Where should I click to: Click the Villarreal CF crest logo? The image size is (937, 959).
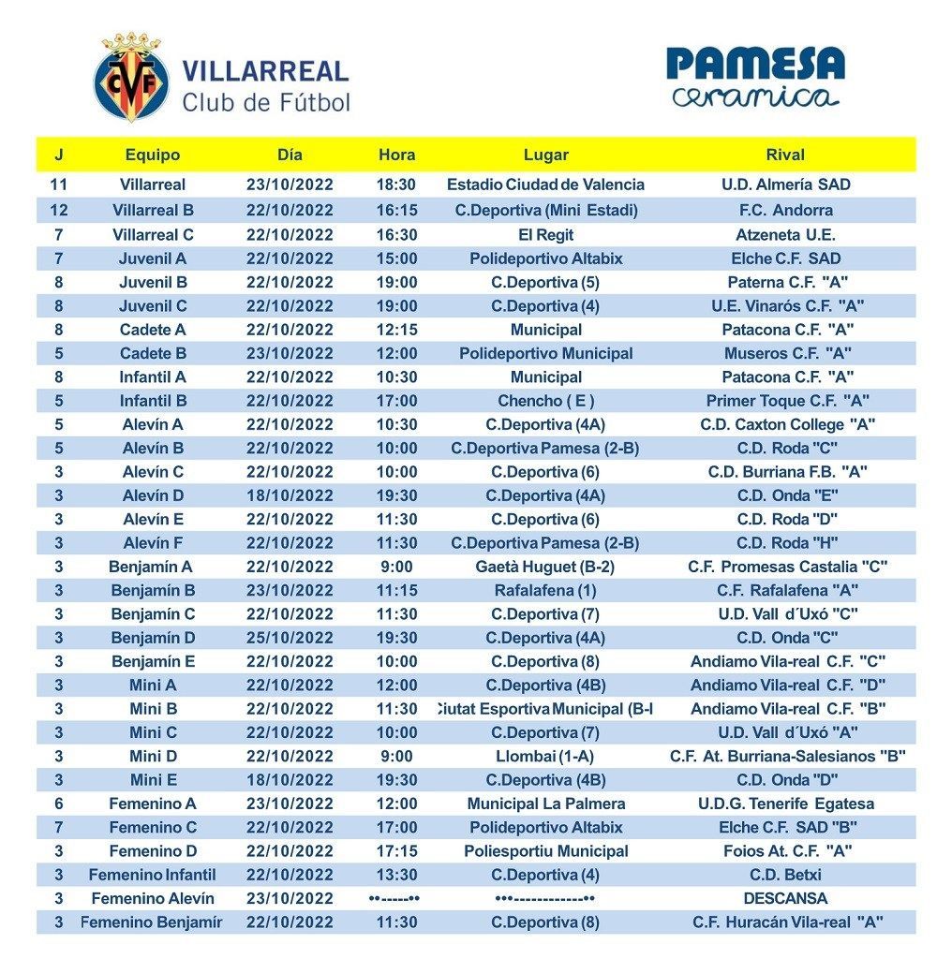point(131,79)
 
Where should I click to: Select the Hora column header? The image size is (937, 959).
point(396,155)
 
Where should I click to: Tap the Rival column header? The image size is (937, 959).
point(785,155)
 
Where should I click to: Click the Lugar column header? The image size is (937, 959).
point(546,155)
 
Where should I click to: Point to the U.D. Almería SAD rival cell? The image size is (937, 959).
point(785,185)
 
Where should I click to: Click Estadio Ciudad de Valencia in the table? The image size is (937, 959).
point(546,185)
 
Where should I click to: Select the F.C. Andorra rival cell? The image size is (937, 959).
point(785,210)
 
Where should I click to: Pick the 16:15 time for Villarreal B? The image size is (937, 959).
point(396,210)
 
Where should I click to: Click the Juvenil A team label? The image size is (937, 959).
point(153,258)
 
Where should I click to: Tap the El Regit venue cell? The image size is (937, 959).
point(546,234)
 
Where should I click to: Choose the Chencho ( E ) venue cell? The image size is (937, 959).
point(546,401)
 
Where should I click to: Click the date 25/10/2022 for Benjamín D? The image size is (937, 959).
point(290,638)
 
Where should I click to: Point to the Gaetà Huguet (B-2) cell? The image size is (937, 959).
point(546,567)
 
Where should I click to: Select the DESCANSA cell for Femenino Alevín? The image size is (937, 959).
point(785,898)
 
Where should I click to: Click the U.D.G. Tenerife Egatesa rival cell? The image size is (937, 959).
point(785,804)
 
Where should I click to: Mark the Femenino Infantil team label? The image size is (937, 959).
point(153,875)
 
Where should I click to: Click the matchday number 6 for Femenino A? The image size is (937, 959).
point(59,804)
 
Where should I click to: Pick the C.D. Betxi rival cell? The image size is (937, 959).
point(785,875)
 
